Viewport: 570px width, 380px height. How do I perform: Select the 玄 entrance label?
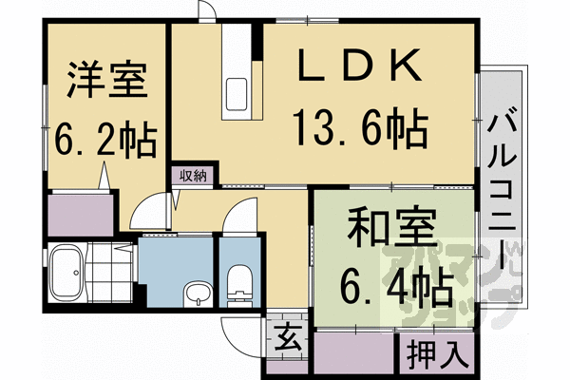tap(285, 335)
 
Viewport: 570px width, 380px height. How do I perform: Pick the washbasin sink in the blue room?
tap(197, 294)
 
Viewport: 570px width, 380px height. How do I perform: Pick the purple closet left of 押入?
tap(352, 355)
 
